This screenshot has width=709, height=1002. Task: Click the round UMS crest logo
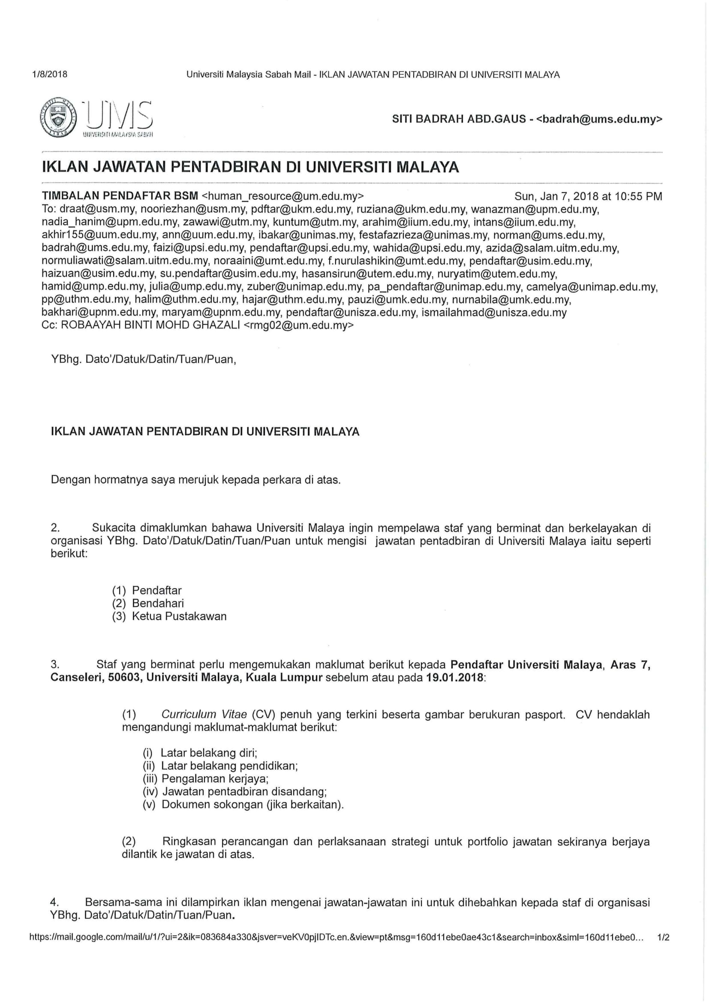point(58,118)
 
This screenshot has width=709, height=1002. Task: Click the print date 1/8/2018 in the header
point(50,74)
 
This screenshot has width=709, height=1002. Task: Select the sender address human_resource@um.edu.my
point(282,196)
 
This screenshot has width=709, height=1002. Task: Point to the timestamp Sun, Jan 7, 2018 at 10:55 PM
point(588,196)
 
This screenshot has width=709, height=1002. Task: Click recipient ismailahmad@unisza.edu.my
point(494,312)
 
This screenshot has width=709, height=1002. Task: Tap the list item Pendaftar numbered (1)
point(157,590)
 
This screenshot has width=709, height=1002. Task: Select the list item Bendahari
point(158,603)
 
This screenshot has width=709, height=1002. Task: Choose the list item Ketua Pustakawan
point(179,616)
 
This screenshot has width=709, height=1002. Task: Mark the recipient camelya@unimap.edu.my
point(592,287)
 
